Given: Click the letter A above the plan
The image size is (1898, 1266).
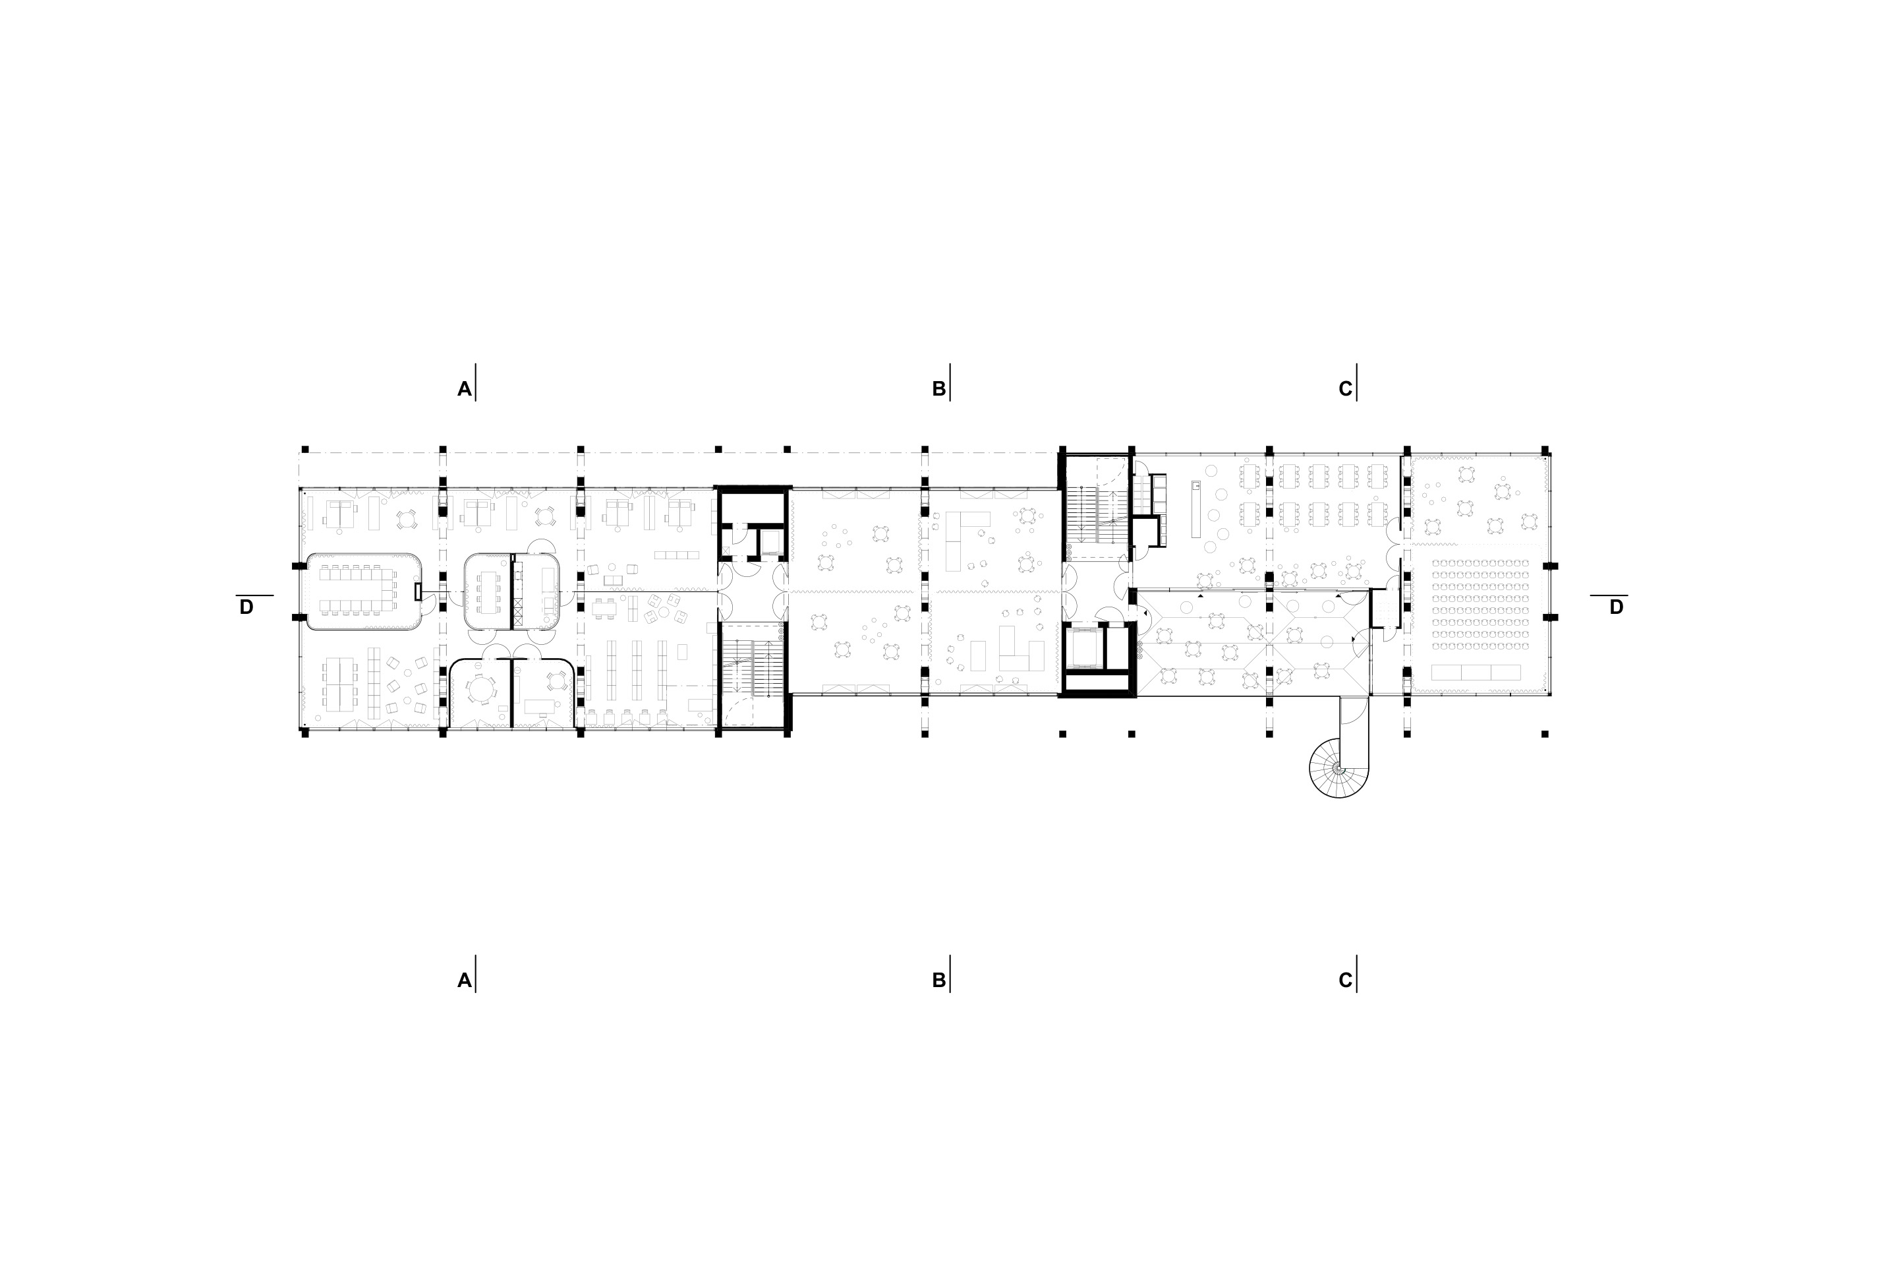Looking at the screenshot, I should [464, 389].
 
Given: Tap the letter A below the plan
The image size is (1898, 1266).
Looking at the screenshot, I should [464, 980].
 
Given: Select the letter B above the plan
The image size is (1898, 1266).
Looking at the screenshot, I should [938, 389].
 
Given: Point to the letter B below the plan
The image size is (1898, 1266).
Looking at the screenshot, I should [938, 980].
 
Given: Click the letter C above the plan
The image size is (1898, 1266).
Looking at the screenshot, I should [1345, 389].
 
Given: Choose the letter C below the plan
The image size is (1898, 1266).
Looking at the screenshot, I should [1345, 980].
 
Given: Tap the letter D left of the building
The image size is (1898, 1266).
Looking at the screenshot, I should [246, 607].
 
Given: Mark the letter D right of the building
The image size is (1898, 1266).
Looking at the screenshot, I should [1615, 607].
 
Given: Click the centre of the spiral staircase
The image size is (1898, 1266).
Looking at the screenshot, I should [1338, 769].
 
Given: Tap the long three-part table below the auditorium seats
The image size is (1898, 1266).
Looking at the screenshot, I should [1475, 672].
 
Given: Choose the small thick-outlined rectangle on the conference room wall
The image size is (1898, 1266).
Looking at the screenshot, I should [417, 592].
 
